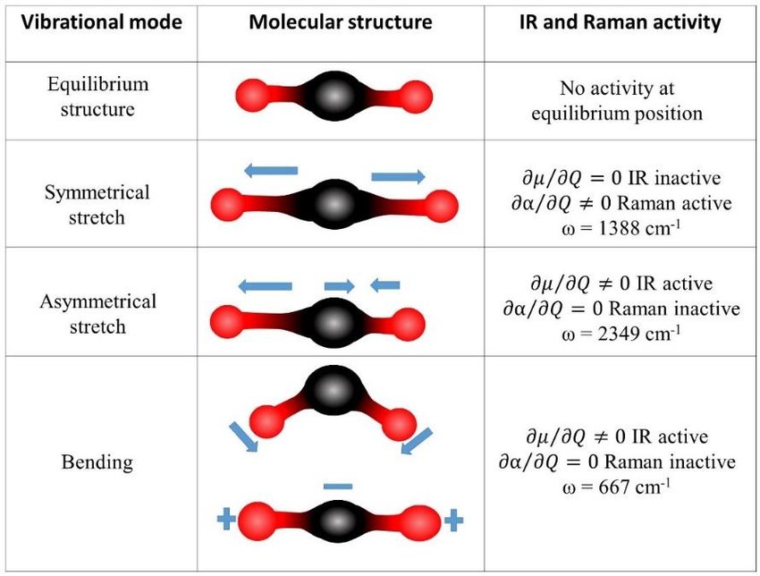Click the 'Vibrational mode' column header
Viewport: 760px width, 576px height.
(x=102, y=22)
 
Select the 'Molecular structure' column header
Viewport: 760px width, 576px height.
(x=341, y=22)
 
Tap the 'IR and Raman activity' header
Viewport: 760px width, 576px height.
(x=620, y=22)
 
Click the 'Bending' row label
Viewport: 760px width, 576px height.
(x=97, y=462)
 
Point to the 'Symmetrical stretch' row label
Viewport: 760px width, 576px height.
(x=97, y=205)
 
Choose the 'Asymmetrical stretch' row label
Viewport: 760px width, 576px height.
(x=98, y=314)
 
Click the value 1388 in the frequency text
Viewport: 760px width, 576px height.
(x=620, y=228)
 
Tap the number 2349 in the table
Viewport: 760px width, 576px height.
(x=620, y=334)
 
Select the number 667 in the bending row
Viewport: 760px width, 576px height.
(x=614, y=487)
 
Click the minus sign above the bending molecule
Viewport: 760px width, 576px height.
(x=338, y=487)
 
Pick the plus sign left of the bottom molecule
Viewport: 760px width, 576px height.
(x=226, y=520)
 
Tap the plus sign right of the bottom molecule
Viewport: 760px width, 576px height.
(x=453, y=521)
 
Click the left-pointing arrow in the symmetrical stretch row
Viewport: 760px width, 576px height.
(x=270, y=170)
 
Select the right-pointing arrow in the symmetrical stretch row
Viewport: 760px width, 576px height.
(x=399, y=176)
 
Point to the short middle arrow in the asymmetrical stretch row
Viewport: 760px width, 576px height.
(x=339, y=286)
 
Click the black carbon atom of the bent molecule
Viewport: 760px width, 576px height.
(x=333, y=389)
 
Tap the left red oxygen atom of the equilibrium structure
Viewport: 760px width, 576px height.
(x=252, y=96)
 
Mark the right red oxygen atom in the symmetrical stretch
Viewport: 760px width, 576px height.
(x=442, y=206)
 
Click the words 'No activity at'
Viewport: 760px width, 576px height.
(x=617, y=89)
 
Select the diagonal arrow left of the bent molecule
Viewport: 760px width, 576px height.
(x=243, y=436)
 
